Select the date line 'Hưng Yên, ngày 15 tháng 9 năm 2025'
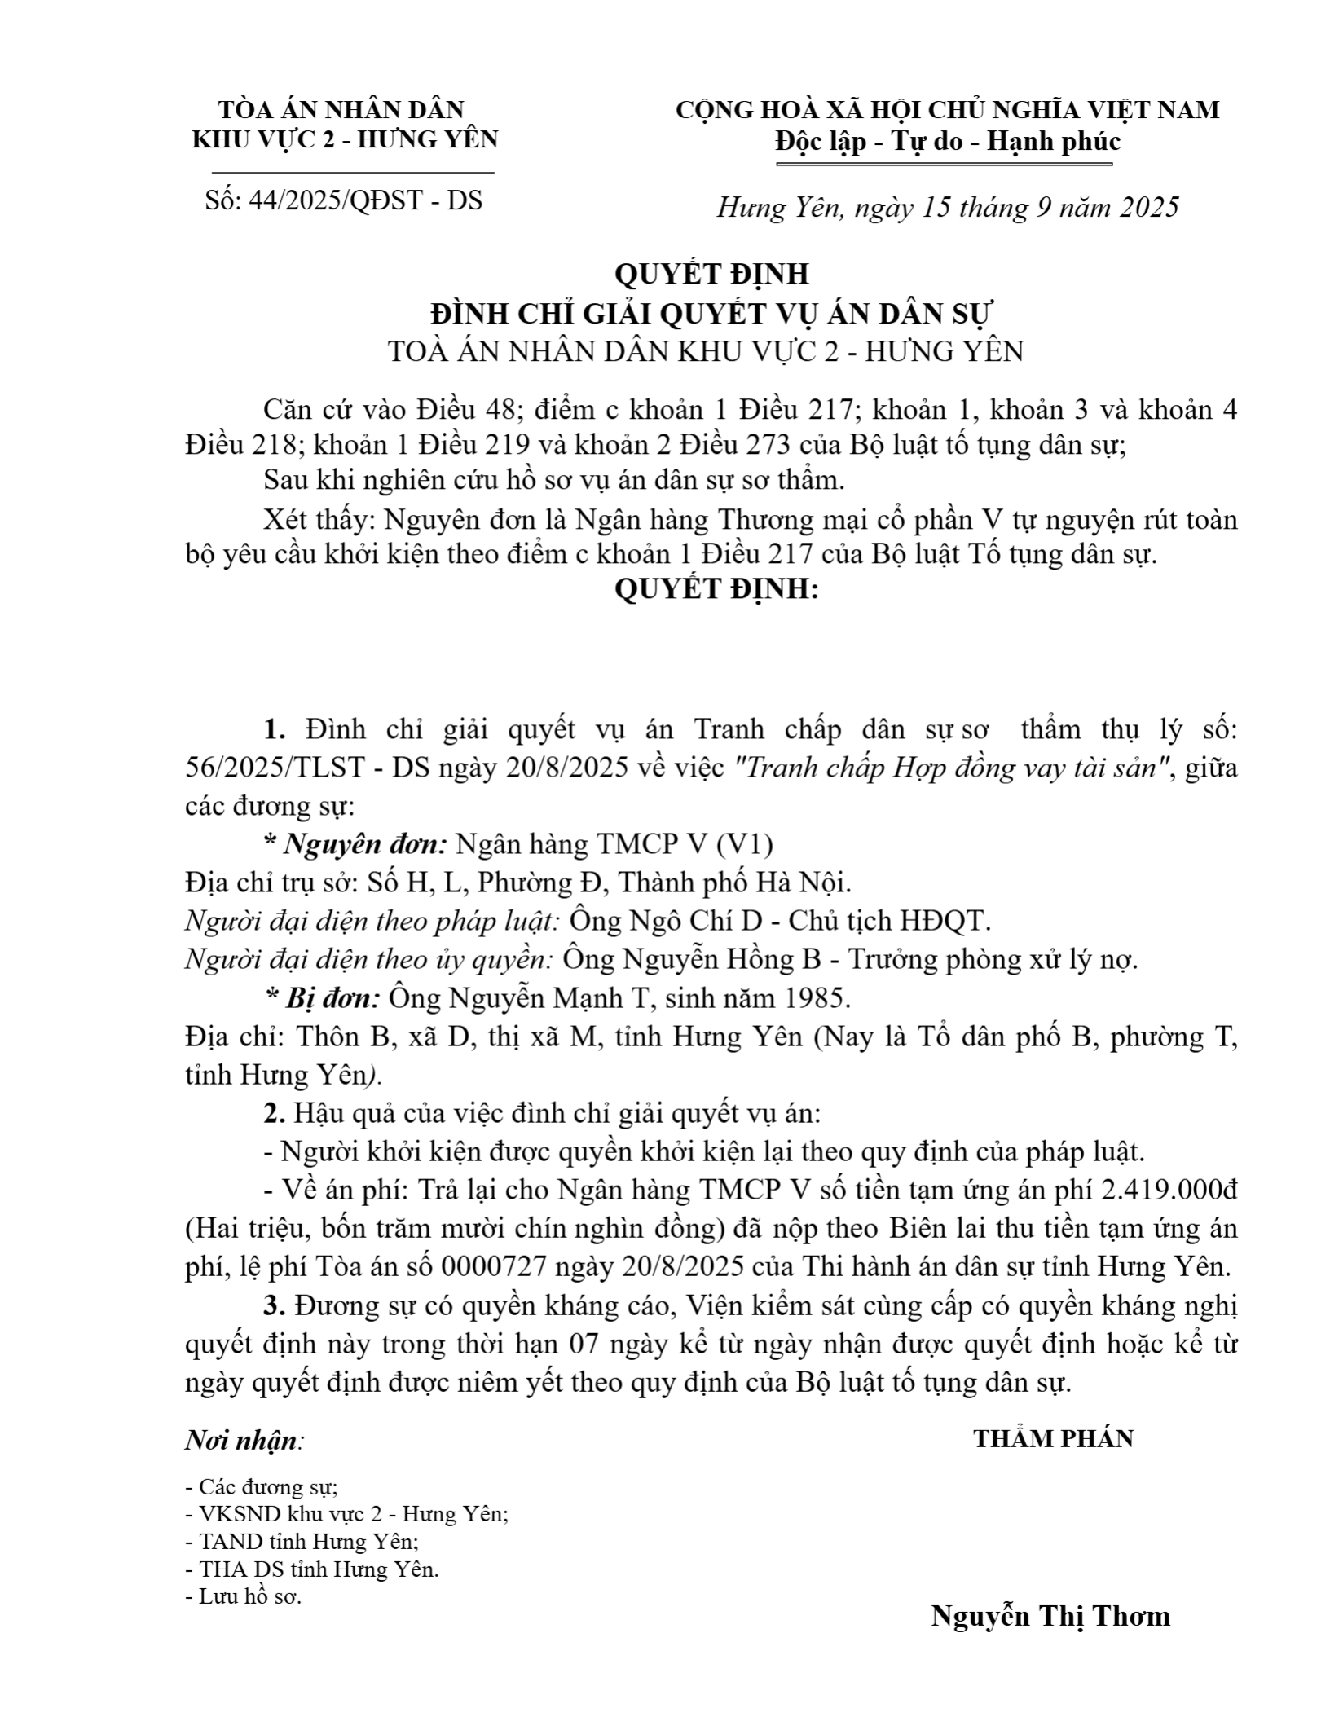(x=947, y=208)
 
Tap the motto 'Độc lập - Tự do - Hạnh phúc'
(x=947, y=142)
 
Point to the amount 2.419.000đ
(x=1169, y=1191)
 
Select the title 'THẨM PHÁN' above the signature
(x=1053, y=1439)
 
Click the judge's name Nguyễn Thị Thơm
(x=1050, y=1616)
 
